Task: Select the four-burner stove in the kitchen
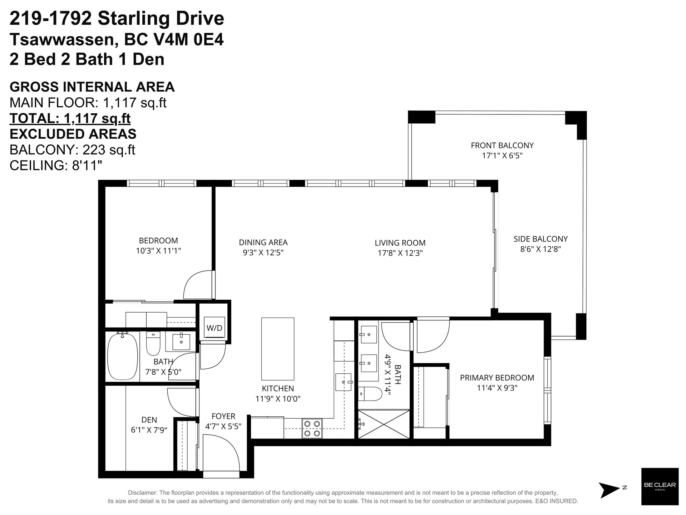pyautogui.click(x=312, y=428)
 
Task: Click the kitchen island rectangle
pyautogui.click(x=278, y=349)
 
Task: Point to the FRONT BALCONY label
pyautogui.click(x=502, y=146)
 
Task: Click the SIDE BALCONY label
pyautogui.click(x=541, y=239)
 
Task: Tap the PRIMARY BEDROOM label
pyautogui.click(x=497, y=378)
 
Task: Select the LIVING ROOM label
pyautogui.click(x=400, y=243)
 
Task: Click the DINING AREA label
pyautogui.click(x=263, y=242)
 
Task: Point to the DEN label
pyautogui.click(x=149, y=420)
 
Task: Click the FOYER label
pyautogui.click(x=223, y=416)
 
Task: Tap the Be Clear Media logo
pyautogui.click(x=660, y=486)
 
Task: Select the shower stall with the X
pyautogui.click(x=384, y=424)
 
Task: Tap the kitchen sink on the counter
pyautogui.click(x=344, y=382)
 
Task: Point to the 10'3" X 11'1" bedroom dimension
pyautogui.click(x=158, y=251)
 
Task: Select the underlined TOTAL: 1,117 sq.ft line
pyautogui.click(x=70, y=118)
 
